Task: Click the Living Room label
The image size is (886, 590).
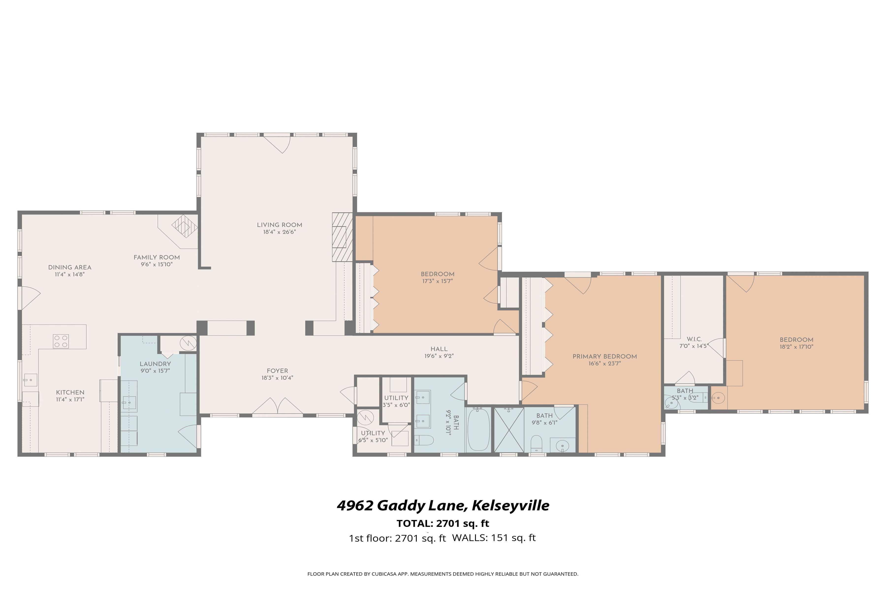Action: (x=280, y=225)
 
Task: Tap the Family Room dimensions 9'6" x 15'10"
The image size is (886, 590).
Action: (x=157, y=265)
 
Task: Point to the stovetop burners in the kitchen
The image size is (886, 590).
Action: (x=61, y=341)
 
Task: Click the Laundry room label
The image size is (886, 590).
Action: (x=155, y=364)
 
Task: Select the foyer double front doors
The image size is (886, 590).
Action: (x=277, y=408)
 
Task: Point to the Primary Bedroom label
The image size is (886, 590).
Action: (x=605, y=356)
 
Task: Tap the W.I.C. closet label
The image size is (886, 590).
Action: (x=694, y=339)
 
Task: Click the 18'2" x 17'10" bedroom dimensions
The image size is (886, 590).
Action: (x=796, y=347)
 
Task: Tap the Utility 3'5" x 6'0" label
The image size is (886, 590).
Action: (x=396, y=398)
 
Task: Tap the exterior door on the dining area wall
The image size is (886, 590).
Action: (x=29, y=298)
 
